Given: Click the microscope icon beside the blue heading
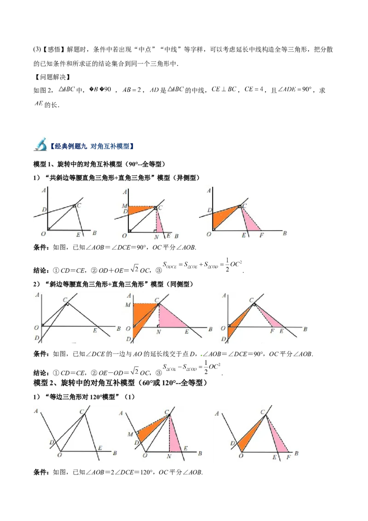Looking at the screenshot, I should click(x=40, y=145).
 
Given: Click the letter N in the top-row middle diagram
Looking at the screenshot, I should click(x=156, y=236).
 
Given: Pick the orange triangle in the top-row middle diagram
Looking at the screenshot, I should click(x=141, y=210).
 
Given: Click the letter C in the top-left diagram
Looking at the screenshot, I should click(x=79, y=205).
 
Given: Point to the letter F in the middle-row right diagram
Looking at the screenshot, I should click(x=272, y=331).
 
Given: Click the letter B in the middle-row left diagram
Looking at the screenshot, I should click(x=118, y=329).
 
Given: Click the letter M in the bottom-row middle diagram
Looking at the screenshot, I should click(x=131, y=434).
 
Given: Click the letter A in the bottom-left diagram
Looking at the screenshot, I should click(x=36, y=411).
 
